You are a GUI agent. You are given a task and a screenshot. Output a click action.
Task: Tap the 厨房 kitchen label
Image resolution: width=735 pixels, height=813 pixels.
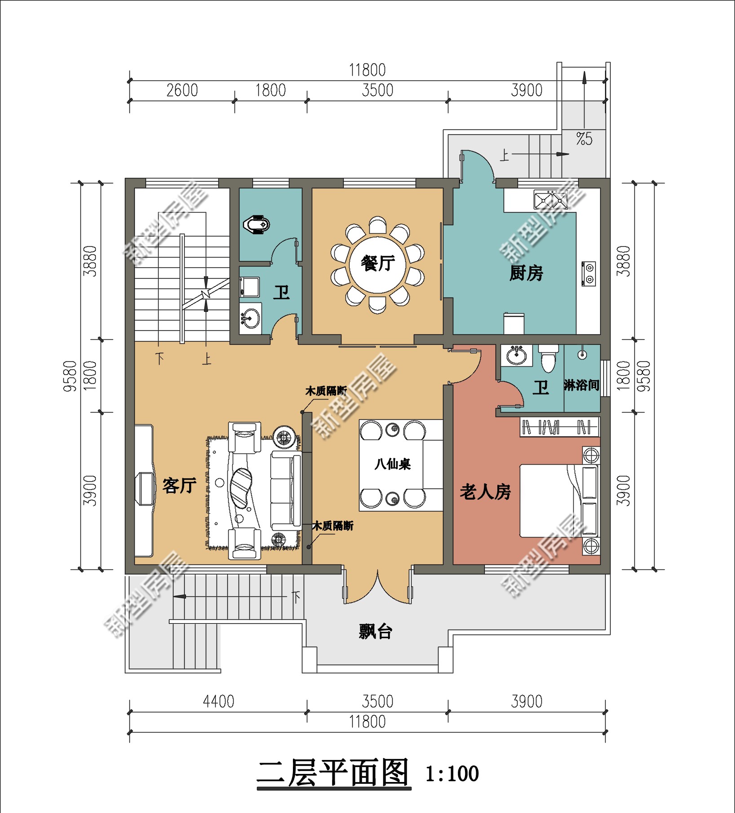pyautogui.click(x=526, y=273)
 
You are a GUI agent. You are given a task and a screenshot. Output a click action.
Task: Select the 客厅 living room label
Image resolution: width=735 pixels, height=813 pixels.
pyautogui.click(x=179, y=485)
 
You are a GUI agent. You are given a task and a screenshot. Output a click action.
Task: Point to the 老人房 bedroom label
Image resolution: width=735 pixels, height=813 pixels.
pyautogui.click(x=485, y=492)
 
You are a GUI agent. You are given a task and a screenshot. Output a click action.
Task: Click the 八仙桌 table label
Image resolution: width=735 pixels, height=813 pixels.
pyautogui.click(x=393, y=464)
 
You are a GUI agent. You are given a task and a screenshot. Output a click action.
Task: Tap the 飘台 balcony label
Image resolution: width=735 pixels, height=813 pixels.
pyautogui.click(x=376, y=631)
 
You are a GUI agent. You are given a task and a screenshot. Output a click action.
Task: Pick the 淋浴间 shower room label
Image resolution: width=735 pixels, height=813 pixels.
pyautogui.click(x=581, y=385)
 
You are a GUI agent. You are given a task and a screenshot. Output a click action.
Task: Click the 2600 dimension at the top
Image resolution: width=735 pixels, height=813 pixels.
pyautogui.click(x=182, y=90)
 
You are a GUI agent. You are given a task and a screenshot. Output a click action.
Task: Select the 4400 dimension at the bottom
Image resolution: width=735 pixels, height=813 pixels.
pyautogui.click(x=218, y=702)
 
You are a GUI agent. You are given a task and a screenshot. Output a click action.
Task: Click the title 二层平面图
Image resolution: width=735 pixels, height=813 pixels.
pyautogui.click(x=333, y=773)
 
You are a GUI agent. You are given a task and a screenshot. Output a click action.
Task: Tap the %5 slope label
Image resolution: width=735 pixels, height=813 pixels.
pyautogui.click(x=584, y=138)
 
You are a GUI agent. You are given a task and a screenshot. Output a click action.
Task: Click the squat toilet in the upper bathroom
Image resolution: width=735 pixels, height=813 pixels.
pyautogui.click(x=257, y=224)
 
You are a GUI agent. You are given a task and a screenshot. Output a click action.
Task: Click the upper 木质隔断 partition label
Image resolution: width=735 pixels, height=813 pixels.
pyautogui.click(x=326, y=391)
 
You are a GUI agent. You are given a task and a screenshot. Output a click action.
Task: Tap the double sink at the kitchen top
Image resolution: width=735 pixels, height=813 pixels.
pyautogui.click(x=551, y=200)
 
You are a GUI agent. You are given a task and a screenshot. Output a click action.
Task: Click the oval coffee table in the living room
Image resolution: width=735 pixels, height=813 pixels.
pyautogui.click(x=241, y=488)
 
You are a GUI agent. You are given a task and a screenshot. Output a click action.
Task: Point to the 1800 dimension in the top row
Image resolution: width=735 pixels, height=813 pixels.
pyautogui.click(x=270, y=90)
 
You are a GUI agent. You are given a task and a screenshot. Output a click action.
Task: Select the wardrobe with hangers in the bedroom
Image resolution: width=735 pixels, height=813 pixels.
pyautogui.click(x=559, y=427)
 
